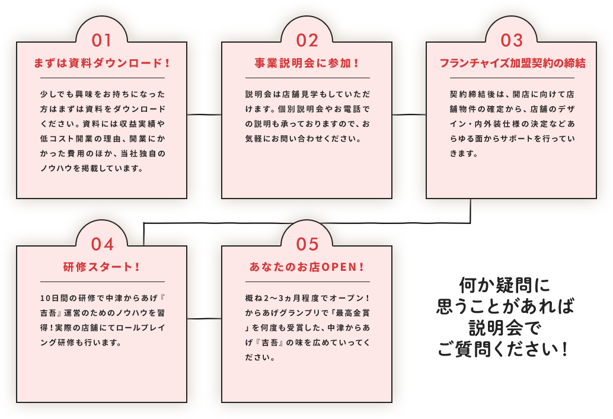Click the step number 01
click(x=101, y=40)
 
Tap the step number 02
click(x=307, y=40)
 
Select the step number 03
click(x=512, y=40)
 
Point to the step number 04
click(x=102, y=244)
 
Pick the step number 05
click(x=307, y=244)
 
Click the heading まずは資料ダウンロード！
click(x=102, y=63)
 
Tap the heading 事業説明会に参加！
click(x=307, y=63)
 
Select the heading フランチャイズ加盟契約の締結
click(x=513, y=63)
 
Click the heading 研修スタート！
click(x=101, y=267)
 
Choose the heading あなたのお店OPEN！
click(x=307, y=267)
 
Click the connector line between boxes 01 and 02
click(x=204, y=114)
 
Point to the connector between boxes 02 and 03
click(x=409, y=114)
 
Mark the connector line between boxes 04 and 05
click(x=204, y=319)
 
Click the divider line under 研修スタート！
click(x=103, y=282)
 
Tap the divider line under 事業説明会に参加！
click(x=308, y=78)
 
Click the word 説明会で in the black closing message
click(x=504, y=328)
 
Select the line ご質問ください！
click(x=503, y=348)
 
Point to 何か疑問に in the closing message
click(x=505, y=285)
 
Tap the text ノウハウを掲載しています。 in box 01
click(x=92, y=168)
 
